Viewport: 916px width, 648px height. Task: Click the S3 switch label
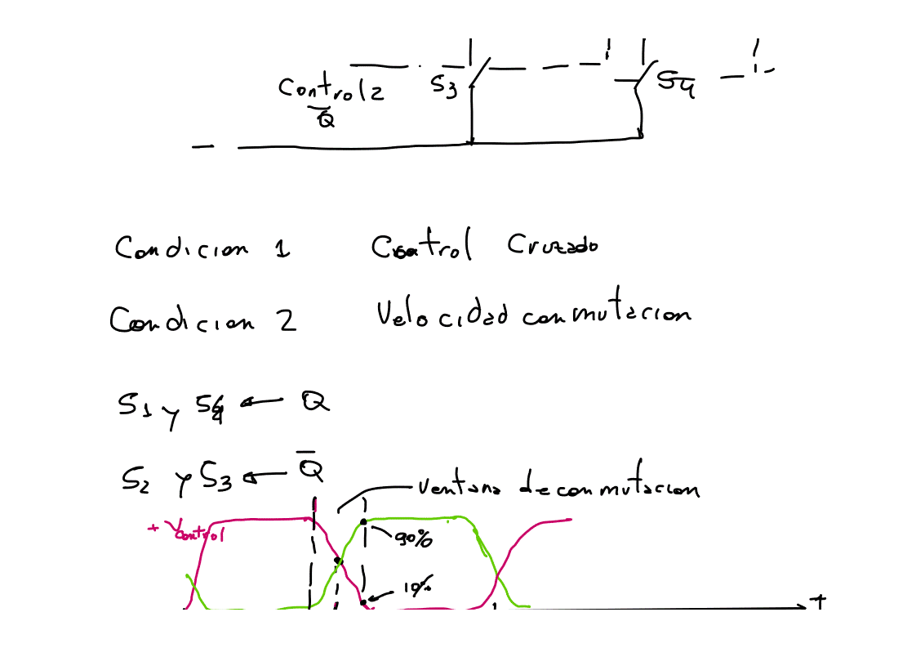[445, 85]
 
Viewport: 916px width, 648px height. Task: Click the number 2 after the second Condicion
[287, 320]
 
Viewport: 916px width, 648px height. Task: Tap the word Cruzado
[551, 245]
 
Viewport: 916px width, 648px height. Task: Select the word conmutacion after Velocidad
[606, 314]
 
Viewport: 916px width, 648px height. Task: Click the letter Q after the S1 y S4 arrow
[314, 402]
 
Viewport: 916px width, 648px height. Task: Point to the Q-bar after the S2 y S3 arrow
[309, 469]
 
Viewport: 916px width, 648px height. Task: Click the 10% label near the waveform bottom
[416, 588]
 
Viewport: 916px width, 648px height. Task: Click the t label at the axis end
[818, 602]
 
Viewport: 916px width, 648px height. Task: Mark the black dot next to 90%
[363, 521]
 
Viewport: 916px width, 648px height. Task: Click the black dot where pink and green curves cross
[337, 561]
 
